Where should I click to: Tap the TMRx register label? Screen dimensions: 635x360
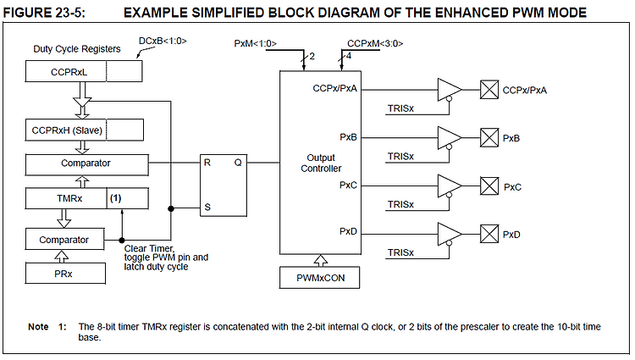[x=69, y=198]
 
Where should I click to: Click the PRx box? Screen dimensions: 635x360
[x=65, y=274]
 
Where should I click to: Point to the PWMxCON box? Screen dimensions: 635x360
[x=319, y=278]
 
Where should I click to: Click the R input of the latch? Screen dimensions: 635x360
[x=207, y=163]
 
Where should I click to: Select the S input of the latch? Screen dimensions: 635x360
[x=207, y=208]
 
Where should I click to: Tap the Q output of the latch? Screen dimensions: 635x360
[x=238, y=163]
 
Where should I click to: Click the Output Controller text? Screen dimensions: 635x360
[x=321, y=163]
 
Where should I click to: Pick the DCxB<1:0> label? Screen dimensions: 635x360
[x=163, y=41]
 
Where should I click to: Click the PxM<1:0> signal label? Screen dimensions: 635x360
[x=255, y=43]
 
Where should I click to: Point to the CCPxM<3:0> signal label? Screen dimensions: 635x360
[x=375, y=43]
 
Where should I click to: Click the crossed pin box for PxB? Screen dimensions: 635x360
[x=489, y=138]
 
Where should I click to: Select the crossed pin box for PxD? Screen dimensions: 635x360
[x=489, y=234]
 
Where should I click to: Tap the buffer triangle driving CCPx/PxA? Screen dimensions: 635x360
[x=449, y=90]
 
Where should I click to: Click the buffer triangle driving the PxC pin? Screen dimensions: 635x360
[x=449, y=186]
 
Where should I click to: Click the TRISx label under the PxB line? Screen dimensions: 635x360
[x=400, y=157]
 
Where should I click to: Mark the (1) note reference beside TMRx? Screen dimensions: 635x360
[x=116, y=198]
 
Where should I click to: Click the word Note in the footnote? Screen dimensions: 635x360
[x=38, y=326]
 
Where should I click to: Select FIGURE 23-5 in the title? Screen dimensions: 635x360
[x=44, y=13]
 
